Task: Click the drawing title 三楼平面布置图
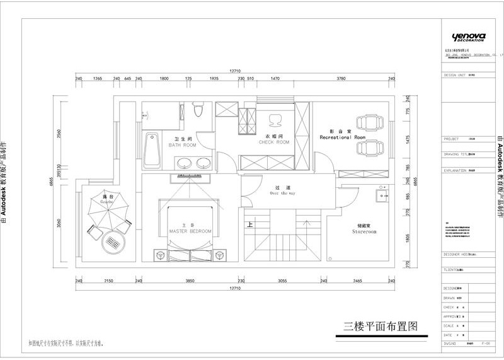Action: tap(381, 327)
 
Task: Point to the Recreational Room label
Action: tap(342, 134)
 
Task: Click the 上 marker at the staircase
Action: tap(250, 224)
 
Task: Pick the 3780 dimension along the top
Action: tap(341, 79)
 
